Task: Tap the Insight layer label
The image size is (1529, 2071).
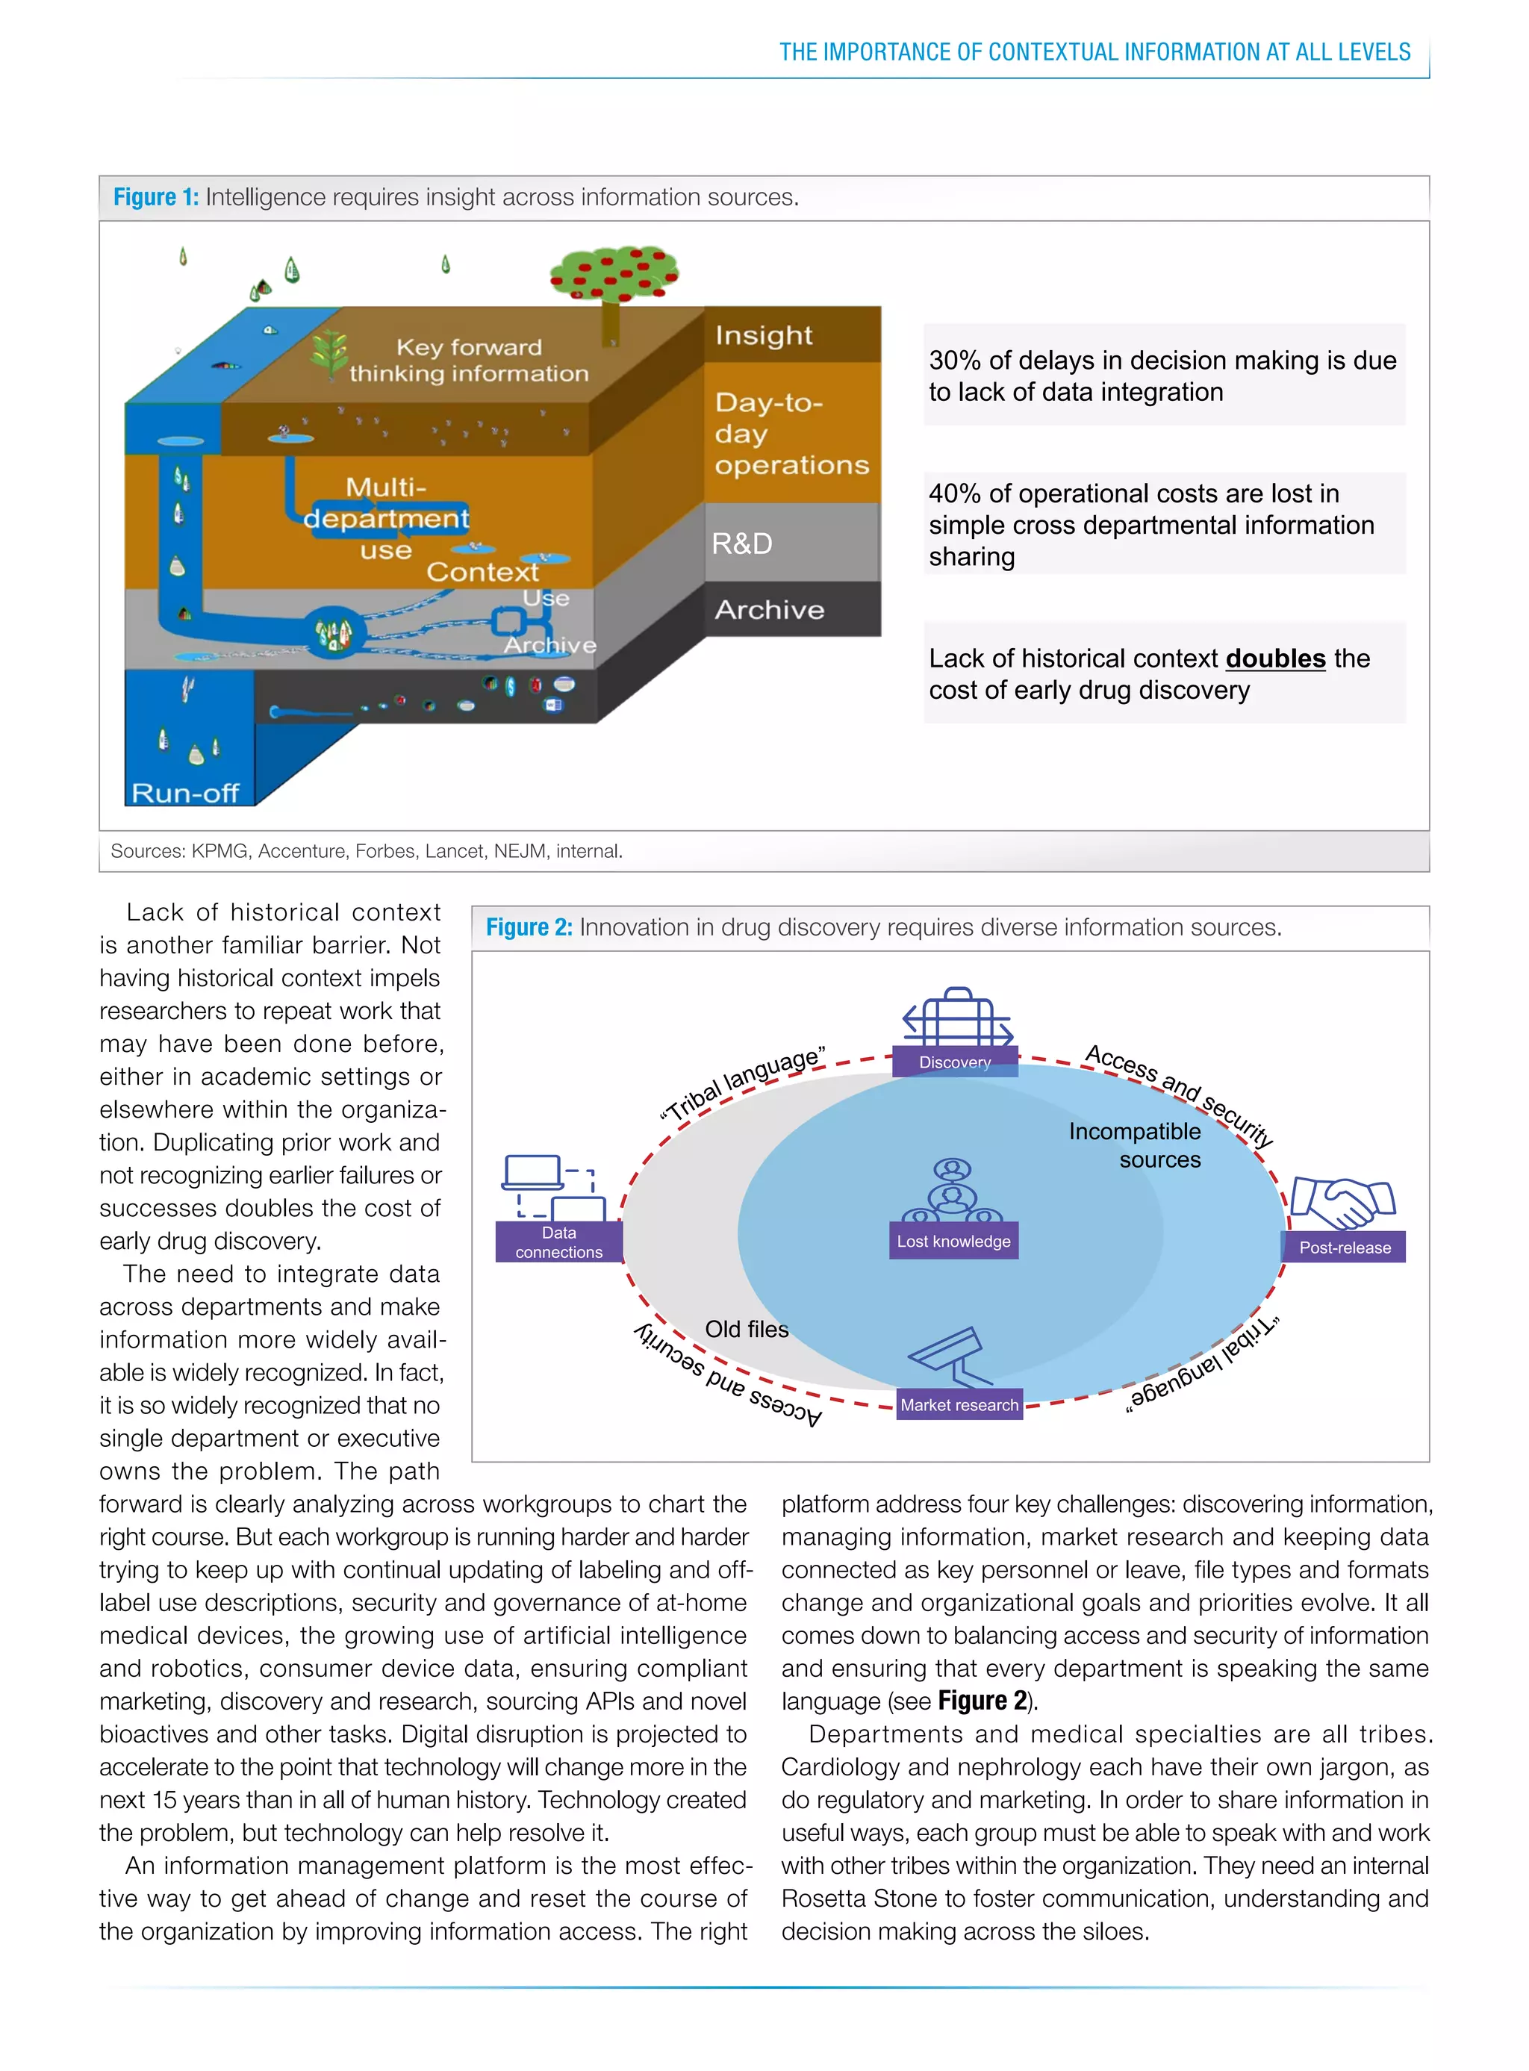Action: (764, 335)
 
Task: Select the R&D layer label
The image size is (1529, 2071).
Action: (741, 544)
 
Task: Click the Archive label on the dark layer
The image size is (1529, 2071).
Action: (769, 610)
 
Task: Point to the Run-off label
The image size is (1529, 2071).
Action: (185, 793)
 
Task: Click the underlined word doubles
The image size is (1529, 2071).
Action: (1274, 659)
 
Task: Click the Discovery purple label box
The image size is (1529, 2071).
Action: (954, 1062)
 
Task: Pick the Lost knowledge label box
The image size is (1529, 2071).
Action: (953, 1242)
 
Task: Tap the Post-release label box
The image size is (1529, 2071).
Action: (1344, 1248)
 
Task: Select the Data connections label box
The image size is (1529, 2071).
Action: (558, 1242)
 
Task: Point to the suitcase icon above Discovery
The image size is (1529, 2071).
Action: (957, 1016)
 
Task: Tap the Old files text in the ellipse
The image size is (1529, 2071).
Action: (746, 1330)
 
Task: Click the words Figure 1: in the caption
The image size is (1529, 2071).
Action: (155, 197)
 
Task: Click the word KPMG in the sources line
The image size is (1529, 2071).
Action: (219, 851)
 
